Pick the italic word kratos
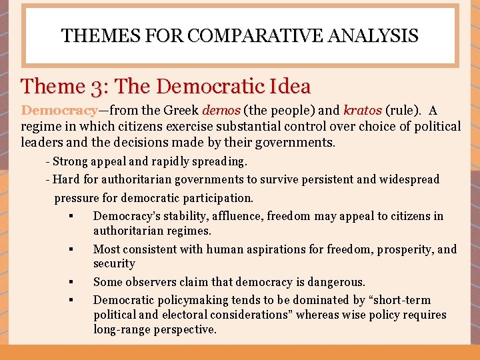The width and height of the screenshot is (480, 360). point(363,111)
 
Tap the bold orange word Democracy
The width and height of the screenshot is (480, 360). point(59,111)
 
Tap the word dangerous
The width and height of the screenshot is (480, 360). point(337,283)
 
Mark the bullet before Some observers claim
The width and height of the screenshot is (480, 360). point(70,283)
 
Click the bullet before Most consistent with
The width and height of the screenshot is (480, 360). point(70,249)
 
